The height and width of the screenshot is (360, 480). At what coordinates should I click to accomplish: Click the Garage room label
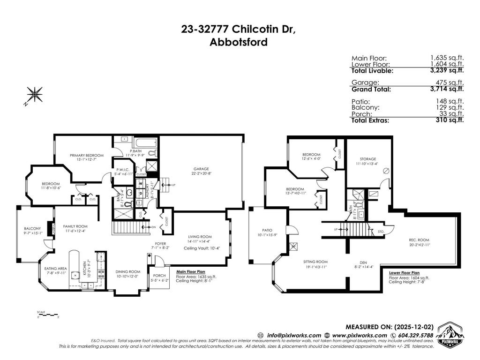(201, 169)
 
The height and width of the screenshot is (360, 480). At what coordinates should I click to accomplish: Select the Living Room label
(200, 237)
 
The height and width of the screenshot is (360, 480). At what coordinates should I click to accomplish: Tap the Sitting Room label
(315, 262)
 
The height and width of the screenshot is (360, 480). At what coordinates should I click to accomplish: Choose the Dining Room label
(128, 271)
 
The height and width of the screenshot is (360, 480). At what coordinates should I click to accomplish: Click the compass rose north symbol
(34, 95)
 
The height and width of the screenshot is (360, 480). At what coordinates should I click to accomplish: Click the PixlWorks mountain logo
(450, 336)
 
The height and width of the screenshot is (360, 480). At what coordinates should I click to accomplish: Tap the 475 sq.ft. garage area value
(452, 82)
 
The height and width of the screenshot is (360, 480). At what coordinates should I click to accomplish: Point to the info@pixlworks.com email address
(294, 335)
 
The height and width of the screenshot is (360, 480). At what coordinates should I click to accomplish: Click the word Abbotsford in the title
(239, 42)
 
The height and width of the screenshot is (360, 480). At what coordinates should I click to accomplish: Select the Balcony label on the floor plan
(33, 229)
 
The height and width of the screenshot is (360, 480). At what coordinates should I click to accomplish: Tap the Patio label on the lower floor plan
(267, 230)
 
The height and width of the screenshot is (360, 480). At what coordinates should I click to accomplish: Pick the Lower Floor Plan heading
(404, 272)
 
